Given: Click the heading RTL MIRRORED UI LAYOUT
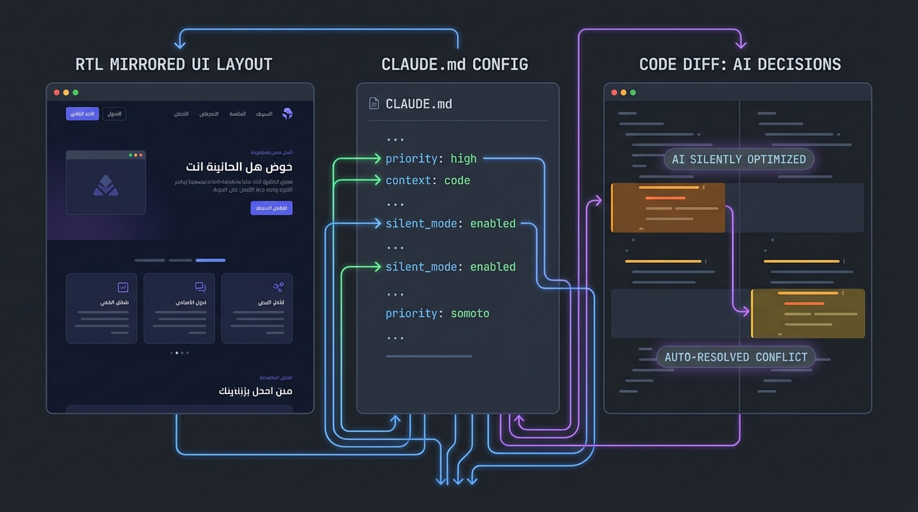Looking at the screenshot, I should [174, 65].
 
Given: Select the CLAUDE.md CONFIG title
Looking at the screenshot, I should [454, 65].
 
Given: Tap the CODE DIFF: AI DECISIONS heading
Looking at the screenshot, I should [740, 65].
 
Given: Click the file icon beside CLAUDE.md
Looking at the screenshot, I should [374, 103].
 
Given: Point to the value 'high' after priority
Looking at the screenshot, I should [463, 159].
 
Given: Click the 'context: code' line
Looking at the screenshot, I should [428, 181].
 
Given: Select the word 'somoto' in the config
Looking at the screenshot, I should [470, 313].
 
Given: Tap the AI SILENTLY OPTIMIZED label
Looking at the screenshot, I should [739, 159].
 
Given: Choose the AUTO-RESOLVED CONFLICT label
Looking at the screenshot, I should [736, 357].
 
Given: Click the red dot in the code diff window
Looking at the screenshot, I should [614, 93].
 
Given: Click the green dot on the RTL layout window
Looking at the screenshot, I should [75, 93].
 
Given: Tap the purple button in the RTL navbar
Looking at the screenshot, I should [82, 114].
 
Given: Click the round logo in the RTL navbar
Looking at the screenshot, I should [288, 114].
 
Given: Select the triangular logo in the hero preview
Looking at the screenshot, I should [106, 186].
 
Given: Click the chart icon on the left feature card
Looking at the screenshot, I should [123, 287].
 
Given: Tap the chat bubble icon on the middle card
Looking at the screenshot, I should [200, 287].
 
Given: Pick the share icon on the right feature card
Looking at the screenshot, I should [278, 287].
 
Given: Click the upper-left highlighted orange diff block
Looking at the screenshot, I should [668, 208].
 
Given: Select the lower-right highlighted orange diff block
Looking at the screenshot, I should [808, 313].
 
